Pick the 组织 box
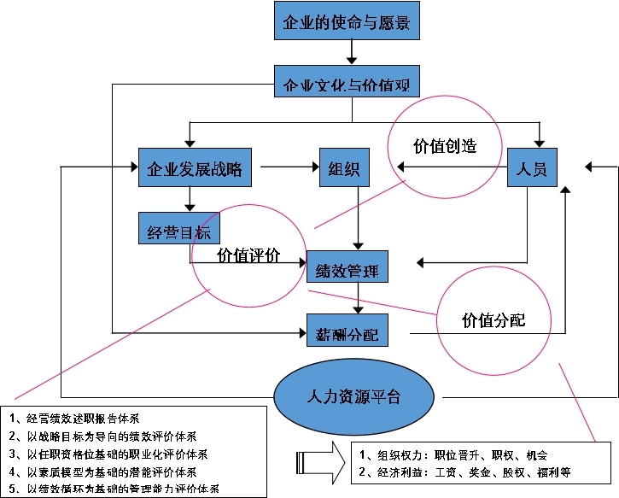[343, 167]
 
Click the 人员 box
[533, 167]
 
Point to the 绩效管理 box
[347, 271]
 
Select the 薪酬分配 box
[347, 331]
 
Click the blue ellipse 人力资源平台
[353, 397]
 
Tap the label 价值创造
[444, 145]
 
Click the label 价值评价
[248, 255]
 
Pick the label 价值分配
[493, 320]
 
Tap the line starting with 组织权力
[453, 454]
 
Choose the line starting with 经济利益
[465, 472]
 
